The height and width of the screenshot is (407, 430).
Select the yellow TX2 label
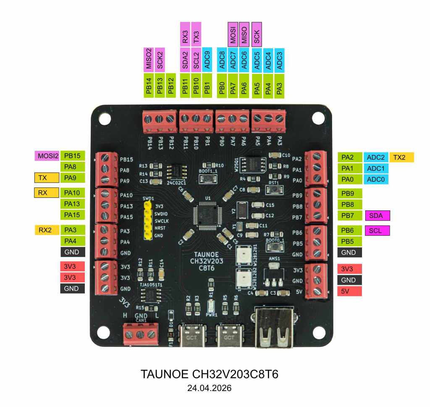click(x=401, y=158)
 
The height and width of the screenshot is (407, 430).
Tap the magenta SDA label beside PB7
click(x=378, y=215)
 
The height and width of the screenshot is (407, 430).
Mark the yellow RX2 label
click(x=47, y=230)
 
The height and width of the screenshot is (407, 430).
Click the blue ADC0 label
click(x=376, y=180)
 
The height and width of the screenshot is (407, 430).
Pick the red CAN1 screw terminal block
click(x=140, y=333)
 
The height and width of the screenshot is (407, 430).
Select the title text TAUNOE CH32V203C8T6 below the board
click(x=209, y=374)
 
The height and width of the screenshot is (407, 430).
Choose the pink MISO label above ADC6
click(x=244, y=34)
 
